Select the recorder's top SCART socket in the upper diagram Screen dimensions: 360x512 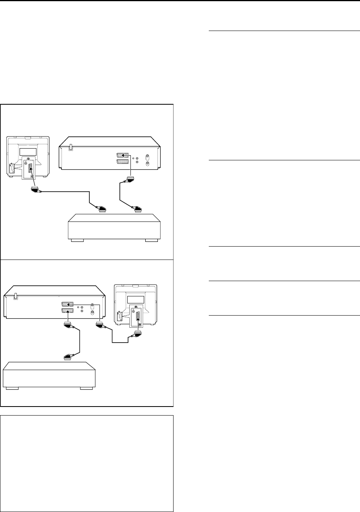pos(123,155)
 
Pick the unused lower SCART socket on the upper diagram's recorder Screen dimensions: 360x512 pos(123,162)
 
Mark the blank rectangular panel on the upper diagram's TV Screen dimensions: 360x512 pos(31,151)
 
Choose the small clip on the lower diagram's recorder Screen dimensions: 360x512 pos(16,296)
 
